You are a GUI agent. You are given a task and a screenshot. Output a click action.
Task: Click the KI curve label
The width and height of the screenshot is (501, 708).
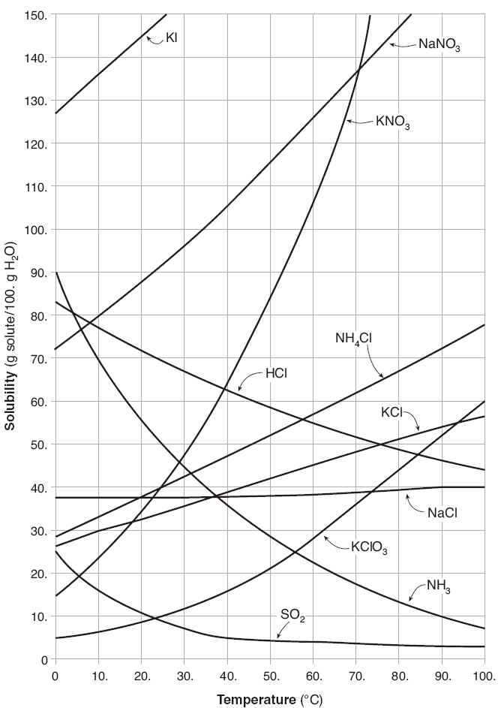click(171, 37)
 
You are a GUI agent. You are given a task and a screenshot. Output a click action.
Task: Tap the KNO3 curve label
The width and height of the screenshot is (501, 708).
click(392, 122)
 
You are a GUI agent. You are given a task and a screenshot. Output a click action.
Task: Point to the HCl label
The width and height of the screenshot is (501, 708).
click(276, 373)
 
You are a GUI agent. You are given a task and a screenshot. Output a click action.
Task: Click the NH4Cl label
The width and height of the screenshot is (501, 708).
click(352, 340)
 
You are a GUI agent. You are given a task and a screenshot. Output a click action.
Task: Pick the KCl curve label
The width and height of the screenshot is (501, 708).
click(391, 412)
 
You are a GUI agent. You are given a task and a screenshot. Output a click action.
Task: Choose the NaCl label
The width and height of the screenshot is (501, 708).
click(442, 513)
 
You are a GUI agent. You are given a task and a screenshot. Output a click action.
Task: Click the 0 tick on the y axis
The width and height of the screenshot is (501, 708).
click(44, 659)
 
